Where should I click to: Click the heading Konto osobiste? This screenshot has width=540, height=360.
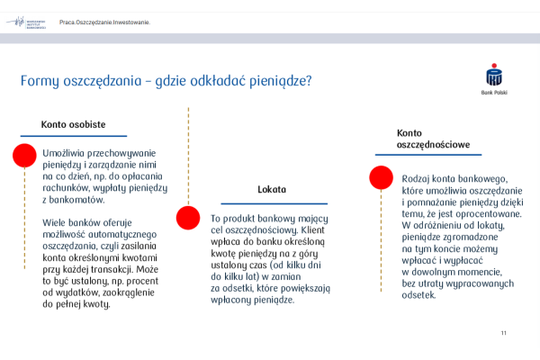74,124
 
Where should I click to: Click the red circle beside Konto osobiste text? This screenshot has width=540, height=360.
23,156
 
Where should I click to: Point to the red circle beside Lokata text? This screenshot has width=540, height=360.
187,218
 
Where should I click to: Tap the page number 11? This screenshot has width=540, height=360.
504,334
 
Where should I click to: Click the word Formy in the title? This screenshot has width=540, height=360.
41,81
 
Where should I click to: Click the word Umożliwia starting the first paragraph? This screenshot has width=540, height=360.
67,153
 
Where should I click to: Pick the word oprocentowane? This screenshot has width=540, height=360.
483,214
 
